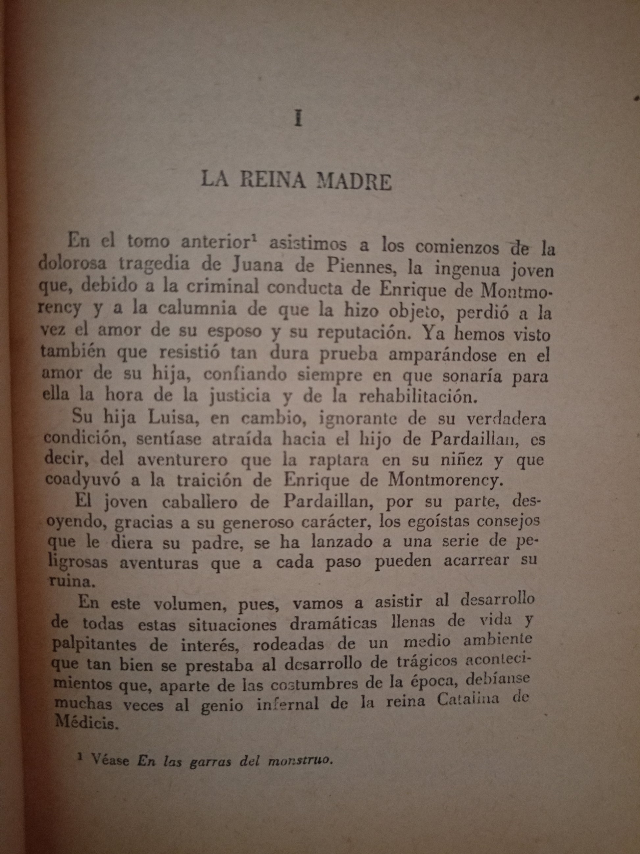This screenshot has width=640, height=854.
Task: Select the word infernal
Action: pyautogui.click(x=287, y=703)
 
